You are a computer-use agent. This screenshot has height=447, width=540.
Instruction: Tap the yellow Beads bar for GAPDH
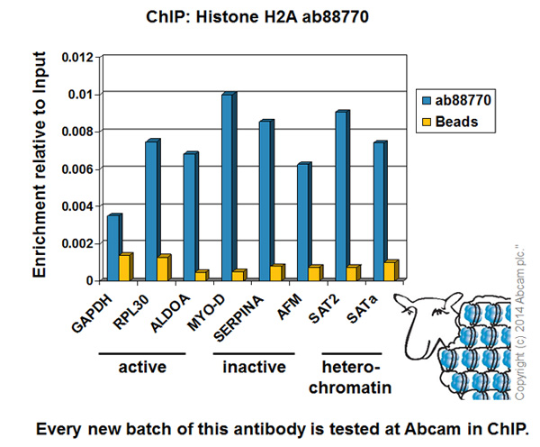[x=125, y=267]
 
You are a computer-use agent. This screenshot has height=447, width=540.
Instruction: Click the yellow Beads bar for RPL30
[x=163, y=269]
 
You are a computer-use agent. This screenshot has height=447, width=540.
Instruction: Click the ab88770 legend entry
[x=454, y=101]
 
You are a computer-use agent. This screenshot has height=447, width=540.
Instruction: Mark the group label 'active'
[x=141, y=368]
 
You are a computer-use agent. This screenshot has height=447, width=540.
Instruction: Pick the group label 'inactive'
[x=255, y=368]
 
